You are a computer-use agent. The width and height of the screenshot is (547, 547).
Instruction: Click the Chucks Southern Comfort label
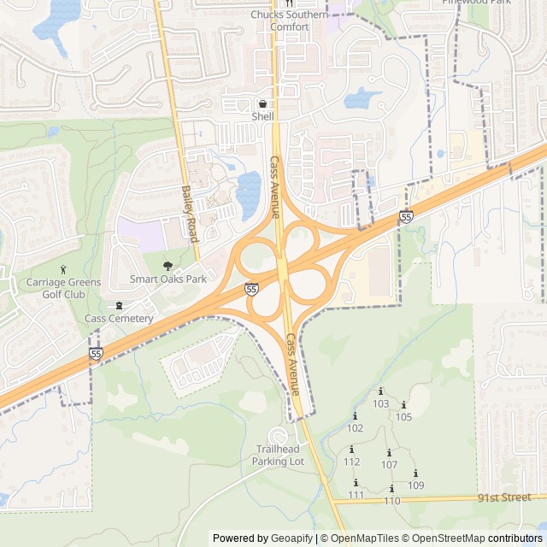coord(289,21)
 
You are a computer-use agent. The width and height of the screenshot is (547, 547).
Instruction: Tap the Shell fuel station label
coord(262,115)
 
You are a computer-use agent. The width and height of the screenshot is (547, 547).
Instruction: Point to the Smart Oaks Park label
coord(168,279)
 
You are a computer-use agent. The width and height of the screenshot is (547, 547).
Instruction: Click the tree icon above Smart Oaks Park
coord(168,265)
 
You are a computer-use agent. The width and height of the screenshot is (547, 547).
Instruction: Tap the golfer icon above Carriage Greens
coord(63,270)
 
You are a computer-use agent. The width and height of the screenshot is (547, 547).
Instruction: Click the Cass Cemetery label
coord(119,319)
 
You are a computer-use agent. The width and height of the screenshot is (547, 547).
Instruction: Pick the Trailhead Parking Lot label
coord(278,455)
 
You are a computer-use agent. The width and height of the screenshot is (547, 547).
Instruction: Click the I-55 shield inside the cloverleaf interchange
coord(251,290)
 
